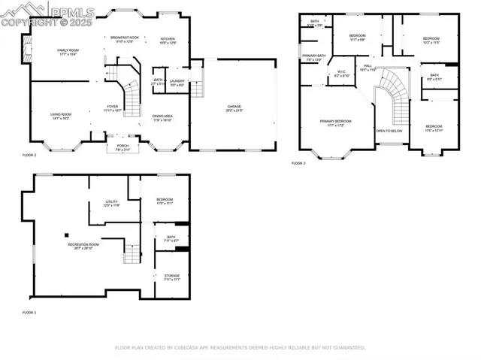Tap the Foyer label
click(x=112, y=107)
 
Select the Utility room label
click(x=111, y=204)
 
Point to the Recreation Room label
click(x=80, y=247)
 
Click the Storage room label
click(x=171, y=277)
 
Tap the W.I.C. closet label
click(x=340, y=74)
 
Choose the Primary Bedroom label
click(x=335, y=123)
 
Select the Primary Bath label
click(x=314, y=57)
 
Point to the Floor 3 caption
click(x=299, y=163)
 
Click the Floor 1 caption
click(x=29, y=312)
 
